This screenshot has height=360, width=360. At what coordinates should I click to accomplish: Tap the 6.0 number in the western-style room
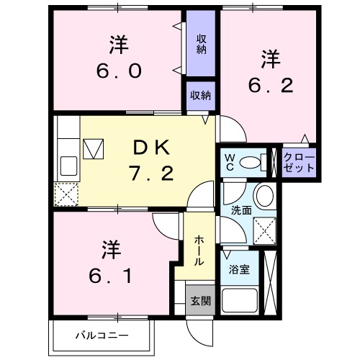[x=120, y=72]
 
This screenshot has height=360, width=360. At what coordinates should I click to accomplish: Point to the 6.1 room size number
[x=111, y=275]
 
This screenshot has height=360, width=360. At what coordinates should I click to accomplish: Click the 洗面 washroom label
[x=241, y=211]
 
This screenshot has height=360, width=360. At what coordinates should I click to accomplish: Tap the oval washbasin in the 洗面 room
[x=264, y=195]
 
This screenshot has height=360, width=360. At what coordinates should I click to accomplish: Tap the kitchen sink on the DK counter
[x=68, y=166]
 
